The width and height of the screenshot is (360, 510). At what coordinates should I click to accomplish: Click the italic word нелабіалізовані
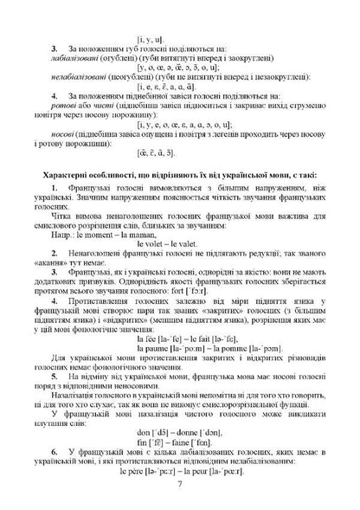[83, 77]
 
